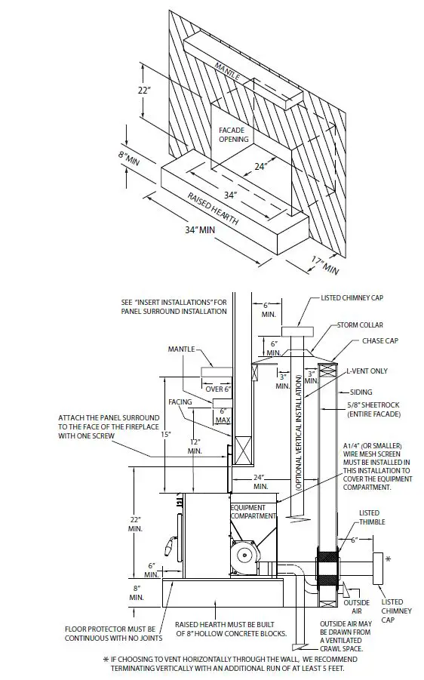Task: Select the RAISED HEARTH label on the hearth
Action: [214, 211]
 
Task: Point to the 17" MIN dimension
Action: [324, 265]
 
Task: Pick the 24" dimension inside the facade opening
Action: [261, 167]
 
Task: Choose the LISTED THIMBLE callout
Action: [370, 517]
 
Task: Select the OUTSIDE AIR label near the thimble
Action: [355, 608]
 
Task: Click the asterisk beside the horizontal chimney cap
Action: [389, 559]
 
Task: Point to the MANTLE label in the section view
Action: [182, 349]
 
